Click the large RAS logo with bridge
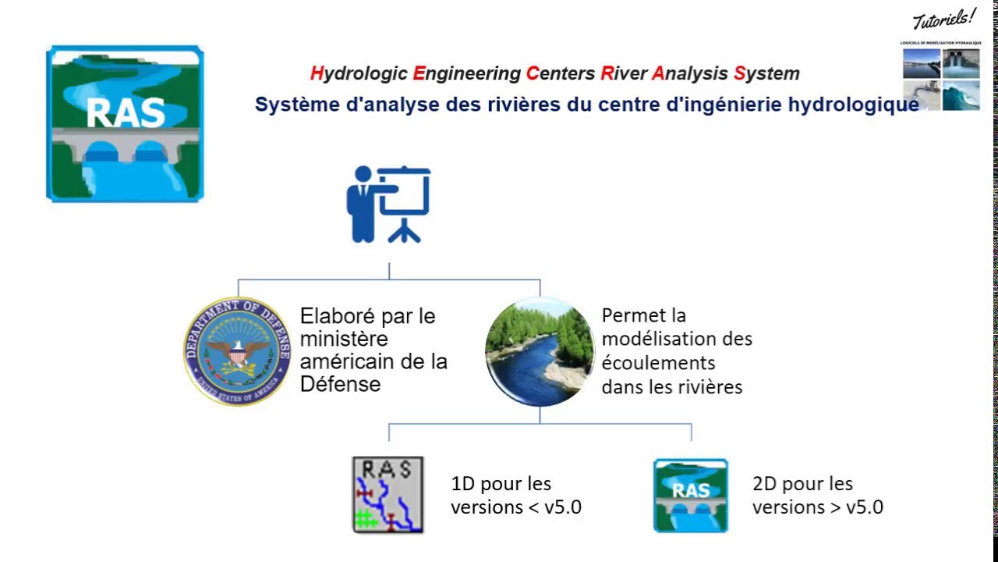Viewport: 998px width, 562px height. pos(125,123)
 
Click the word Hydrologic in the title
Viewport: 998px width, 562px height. pos(359,73)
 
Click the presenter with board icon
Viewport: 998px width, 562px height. pos(388,204)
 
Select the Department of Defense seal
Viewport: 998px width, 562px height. pos(237,351)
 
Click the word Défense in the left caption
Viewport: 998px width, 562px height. pos(340,384)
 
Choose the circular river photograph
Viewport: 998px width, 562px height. pos(540,351)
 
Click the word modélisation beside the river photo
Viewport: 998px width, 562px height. pos(677,339)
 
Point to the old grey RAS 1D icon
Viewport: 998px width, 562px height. pos(388,495)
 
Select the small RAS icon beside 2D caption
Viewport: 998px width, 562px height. pos(690,495)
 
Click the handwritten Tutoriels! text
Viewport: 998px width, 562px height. pos(944,19)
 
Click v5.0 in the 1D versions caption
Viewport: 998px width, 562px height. pos(563,507)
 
